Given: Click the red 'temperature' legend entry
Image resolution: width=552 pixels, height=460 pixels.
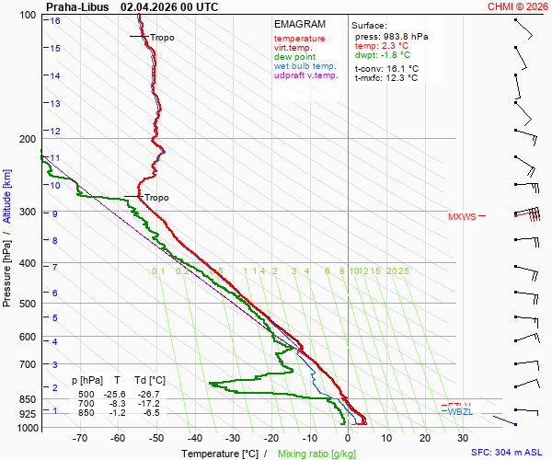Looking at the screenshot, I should pyautogui.click(x=299, y=39).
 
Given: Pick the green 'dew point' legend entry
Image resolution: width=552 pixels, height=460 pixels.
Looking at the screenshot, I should pyautogui.click(x=294, y=57).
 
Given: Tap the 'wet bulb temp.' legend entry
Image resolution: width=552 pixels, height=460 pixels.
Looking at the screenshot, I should pyautogui.click(x=305, y=66).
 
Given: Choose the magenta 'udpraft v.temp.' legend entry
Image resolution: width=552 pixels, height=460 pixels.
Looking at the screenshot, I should pyautogui.click(x=306, y=75).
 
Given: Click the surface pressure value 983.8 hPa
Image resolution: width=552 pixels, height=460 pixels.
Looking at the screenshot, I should pyautogui.click(x=404, y=36).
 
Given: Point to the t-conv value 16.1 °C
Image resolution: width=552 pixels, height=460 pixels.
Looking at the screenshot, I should pyautogui.click(x=399, y=68).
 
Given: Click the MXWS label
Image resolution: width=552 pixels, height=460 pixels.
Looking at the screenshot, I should pyautogui.click(x=462, y=217).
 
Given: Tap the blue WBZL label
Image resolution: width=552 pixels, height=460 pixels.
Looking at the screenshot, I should pyautogui.click(x=459, y=411).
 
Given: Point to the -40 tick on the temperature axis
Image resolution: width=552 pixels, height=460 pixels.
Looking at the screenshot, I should pyautogui.click(x=194, y=438).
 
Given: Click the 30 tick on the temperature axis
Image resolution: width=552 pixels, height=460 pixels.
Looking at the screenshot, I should pyautogui.click(x=463, y=438).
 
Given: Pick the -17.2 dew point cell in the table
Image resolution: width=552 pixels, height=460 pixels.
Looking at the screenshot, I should pyautogui.click(x=153, y=404).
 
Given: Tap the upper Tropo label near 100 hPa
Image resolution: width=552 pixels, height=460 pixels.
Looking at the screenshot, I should pyautogui.click(x=161, y=38).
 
